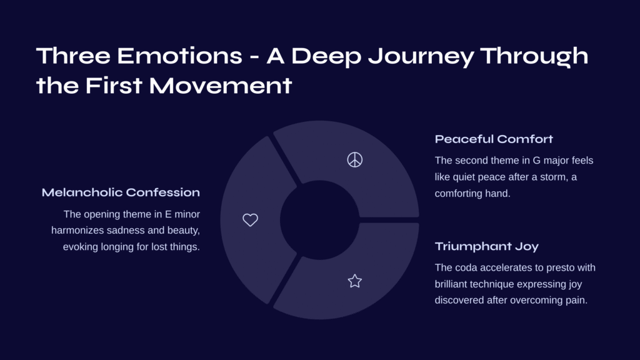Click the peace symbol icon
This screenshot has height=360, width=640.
click(x=355, y=159)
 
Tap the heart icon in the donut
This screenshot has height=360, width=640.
click(x=250, y=220)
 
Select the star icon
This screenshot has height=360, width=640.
click(x=355, y=281)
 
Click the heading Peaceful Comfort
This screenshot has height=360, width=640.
click(x=494, y=139)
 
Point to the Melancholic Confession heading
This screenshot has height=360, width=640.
click(x=121, y=192)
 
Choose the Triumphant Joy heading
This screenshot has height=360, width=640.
click(x=486, y=246)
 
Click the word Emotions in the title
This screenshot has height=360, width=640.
click(x=179, y=56)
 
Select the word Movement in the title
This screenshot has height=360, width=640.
click(x=221, y=86)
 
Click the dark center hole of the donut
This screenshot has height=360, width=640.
click(x=319, y=220)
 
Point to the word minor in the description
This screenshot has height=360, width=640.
click(x=187, y=214)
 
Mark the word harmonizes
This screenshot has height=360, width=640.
click(x=77, y=230)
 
